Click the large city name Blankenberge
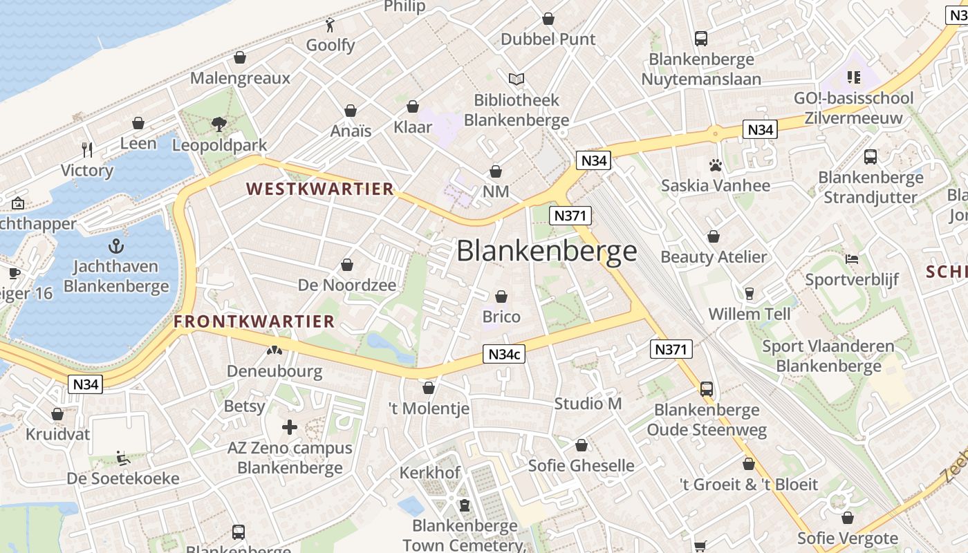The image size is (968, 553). click(x=546, y=251)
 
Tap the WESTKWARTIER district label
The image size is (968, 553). click(x=319, y=189)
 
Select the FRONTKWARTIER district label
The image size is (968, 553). click(x=254, y=321)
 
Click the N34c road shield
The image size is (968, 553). click(x=503, y=355)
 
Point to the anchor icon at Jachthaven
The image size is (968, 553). click(x=116, y=246)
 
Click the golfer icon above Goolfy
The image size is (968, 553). click(x=331, y=26)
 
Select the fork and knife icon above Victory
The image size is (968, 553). click(x=87, y=149)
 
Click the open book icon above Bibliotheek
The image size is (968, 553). click(x=516, y=79)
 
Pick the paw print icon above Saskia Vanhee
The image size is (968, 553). click(x=715, y=165)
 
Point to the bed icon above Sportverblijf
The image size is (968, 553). click(x=852, y=259)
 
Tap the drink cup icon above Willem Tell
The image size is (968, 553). click(x=749, y=294)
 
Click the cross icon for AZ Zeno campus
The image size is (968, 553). click(x=290, y=427)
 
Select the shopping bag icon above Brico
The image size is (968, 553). click(x=501, y=297)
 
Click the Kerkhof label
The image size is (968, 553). click(x=429, y=473)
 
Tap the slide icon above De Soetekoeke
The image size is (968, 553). click(x=122, y=458)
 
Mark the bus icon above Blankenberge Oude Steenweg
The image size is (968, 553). click(x=707, y=389)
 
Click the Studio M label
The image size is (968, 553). click(x=588, y=404)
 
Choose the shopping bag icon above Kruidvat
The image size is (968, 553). click(x=57, y=414)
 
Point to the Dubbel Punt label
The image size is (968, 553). click(x=548, y=39)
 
